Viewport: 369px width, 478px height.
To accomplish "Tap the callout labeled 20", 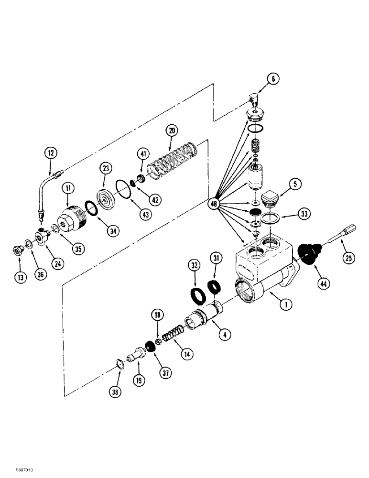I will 171,130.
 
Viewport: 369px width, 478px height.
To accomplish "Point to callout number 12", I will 50,153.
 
